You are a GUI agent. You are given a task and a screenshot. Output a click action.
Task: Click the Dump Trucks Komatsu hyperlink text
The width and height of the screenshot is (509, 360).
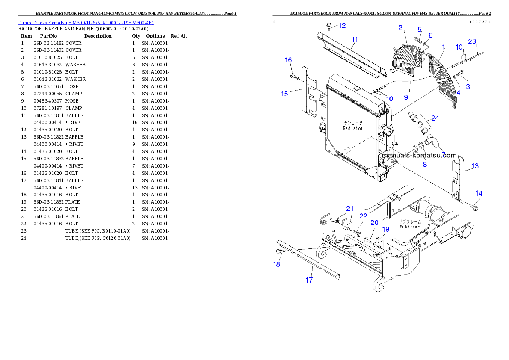point(86,23)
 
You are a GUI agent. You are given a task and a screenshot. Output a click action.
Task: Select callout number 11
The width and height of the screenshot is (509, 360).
point(355,40)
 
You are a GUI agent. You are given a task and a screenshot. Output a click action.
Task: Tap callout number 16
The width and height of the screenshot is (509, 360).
point(288,60)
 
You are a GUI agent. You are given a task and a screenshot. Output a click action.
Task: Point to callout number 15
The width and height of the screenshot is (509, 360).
point(284,94)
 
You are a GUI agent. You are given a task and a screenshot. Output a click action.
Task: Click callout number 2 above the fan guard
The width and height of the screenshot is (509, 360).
point(400,28)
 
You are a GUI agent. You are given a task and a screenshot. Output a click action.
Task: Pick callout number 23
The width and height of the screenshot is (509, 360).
point(472,41)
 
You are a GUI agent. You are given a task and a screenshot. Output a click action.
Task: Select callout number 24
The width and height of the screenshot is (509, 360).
point(435,118)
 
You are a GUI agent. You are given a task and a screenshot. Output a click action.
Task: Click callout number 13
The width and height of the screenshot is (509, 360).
point(475,166)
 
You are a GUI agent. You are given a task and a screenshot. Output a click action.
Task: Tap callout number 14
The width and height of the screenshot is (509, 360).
point(479,194)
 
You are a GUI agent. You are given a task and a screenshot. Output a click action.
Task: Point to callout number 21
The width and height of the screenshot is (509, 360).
point(350,209)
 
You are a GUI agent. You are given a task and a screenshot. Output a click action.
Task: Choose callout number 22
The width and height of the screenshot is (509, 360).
point(363,216)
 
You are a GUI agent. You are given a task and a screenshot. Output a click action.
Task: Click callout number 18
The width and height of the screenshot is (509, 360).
point(277,264)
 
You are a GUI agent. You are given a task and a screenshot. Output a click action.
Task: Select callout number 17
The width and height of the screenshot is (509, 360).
point(309,280)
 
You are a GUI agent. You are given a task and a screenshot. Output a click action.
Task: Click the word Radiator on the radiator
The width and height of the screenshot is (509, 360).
point(353,128)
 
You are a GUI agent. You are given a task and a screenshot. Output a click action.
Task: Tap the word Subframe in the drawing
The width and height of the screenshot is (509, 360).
point(410,227)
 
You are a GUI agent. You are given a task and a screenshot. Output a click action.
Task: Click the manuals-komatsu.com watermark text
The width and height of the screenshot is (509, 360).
point(419,156)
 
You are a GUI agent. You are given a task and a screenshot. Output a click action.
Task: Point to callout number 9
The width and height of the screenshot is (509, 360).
point(405,97)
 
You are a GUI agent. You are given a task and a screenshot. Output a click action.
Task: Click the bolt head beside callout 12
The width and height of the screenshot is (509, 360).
point(329,25)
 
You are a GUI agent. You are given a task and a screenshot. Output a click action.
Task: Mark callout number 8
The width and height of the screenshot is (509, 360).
point(424,164)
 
